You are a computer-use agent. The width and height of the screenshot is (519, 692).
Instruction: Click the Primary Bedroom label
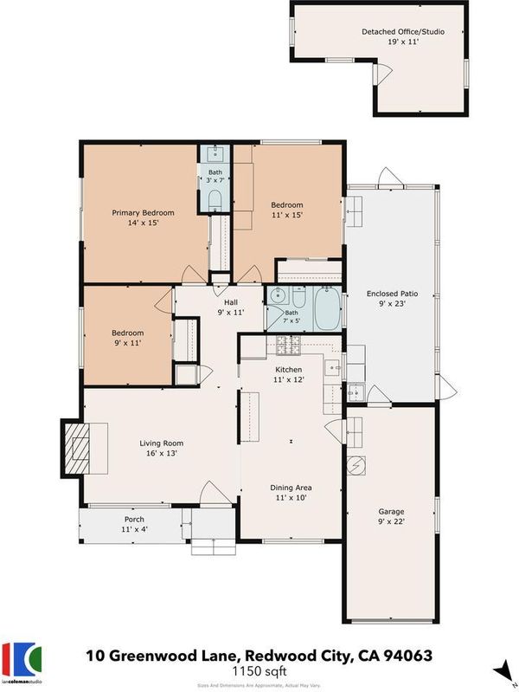(143, 213)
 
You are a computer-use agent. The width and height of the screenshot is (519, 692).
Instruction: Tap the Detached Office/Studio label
(403, 32)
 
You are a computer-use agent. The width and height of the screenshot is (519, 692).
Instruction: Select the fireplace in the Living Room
(77, 449)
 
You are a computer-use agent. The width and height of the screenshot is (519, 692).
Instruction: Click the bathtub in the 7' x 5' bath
(327, 307)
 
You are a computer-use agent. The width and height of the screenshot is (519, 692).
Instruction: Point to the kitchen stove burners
(288, 345)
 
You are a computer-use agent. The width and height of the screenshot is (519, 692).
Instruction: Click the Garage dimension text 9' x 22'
(391, 521)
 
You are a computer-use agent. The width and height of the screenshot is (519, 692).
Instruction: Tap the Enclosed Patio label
(392, 294)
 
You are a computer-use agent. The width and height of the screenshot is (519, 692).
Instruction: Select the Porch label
(134, 520)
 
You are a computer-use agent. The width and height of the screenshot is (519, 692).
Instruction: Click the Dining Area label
(291, 488)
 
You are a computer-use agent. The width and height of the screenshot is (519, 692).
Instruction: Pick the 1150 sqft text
(259, 671)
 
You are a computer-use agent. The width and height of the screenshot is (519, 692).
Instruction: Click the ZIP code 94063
(408, 656)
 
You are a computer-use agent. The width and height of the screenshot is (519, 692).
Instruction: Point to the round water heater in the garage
(356, 465)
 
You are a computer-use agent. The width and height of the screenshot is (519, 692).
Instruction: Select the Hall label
(231, 302)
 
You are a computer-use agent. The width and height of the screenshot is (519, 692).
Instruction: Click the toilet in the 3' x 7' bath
(215, 201)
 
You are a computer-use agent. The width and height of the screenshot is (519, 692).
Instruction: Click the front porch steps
(214, 546)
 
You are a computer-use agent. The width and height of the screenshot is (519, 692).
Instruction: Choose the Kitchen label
(289, 370)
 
